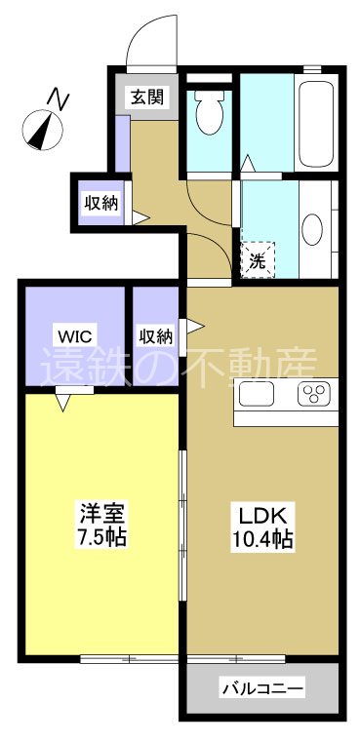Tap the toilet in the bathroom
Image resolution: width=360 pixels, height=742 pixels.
[x=208, y=114]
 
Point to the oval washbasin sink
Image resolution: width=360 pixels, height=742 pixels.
[x=312, y=229]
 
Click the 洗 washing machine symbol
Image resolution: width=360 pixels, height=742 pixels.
[x=257, y=260]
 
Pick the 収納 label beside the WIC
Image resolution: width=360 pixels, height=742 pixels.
[x=156, y=336]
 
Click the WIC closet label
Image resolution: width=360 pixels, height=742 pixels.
[x=75, y=336]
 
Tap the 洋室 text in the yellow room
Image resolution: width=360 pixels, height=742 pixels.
[x=101, y=512]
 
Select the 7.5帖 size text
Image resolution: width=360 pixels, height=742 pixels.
[x=101, y=536]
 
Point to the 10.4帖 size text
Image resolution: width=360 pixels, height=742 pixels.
[x=262, y=538]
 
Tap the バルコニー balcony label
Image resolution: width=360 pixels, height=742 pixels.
[x=261, y=688]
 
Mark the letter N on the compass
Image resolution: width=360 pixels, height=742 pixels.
[x=60, y=98]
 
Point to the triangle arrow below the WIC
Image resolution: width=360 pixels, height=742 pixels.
[x=65, y=400]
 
